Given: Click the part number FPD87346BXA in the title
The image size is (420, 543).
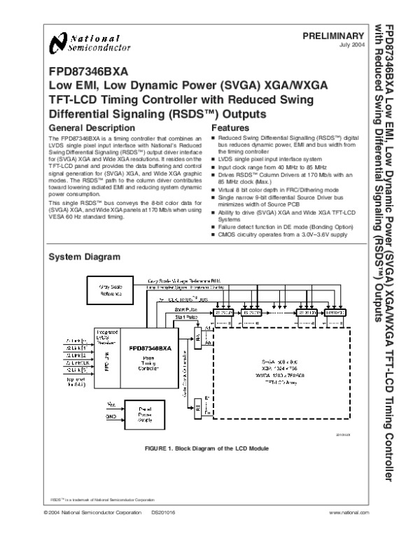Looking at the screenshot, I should (x=88, y=71).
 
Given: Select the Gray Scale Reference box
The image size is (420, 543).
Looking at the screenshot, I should (x=106, y=289).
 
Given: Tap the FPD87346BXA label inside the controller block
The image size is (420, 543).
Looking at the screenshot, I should (x=151, y=348).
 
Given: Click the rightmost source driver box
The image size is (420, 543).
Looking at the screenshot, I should (x=335, y=312).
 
